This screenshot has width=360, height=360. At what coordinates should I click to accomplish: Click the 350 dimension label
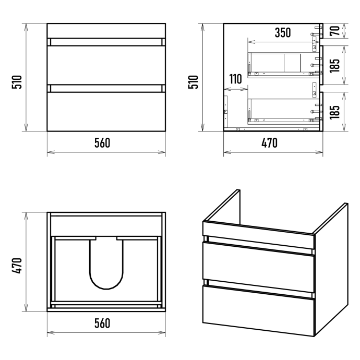[x=283, y=32]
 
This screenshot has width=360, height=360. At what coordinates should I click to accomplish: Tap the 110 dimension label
[x=235, y=79]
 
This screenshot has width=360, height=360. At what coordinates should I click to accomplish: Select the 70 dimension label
[x=335, y=31]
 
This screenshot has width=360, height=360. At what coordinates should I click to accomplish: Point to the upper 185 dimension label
[x=335, y=66]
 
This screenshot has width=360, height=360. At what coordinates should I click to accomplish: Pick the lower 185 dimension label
[x=335, y=112]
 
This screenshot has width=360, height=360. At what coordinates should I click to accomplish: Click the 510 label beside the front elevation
[x=17, y=82]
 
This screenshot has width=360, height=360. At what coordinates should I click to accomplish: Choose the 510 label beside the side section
[x=193, y=82]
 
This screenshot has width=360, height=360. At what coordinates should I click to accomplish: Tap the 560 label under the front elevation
[x=102, y=143]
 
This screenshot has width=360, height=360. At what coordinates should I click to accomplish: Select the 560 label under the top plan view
[x=102, y=323]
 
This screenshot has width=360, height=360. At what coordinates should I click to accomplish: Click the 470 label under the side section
[x=269, y=143]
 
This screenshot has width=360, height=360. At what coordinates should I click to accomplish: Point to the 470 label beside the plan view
[x=17, y=266]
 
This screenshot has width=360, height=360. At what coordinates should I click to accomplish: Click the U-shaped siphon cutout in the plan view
[x=106, y=289]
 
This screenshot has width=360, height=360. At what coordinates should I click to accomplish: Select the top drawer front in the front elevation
[x=106, y=65]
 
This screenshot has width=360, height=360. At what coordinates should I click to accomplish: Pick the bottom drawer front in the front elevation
[x=106, y=112]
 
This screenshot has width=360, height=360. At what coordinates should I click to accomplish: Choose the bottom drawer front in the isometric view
[x=258, y=310]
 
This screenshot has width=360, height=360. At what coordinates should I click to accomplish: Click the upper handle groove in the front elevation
[x=106, y=42]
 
